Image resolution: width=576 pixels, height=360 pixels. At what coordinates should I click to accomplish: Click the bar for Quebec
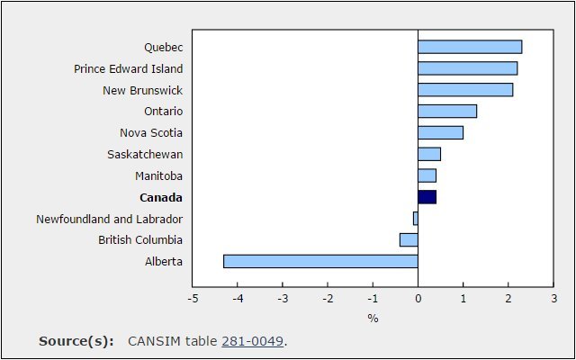point(470,47)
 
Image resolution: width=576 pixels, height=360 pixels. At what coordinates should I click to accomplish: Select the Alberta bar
point(320,261)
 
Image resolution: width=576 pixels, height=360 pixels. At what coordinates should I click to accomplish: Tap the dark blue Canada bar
point(427,197)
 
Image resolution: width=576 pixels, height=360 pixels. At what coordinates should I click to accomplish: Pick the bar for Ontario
point(447,112)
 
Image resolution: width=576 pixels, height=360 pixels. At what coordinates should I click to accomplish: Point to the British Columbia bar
point(409,240)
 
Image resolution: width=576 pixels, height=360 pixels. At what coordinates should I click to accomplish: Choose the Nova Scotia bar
point(440,132)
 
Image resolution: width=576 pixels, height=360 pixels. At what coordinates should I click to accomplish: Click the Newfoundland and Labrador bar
point(416,219)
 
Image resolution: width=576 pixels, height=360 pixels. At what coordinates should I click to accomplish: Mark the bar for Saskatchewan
point(429,154)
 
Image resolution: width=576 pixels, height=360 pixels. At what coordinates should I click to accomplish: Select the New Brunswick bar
point(465,90)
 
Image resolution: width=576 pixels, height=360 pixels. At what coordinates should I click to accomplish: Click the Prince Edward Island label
point(128,68)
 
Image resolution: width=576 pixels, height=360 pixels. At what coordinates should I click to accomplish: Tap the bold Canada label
point(161,198)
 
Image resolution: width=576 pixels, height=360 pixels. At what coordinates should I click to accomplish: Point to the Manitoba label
point(158,176)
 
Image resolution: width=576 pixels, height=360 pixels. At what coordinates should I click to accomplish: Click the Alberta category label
point(164,262)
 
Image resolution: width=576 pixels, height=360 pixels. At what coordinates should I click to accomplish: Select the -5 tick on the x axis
point(193,298)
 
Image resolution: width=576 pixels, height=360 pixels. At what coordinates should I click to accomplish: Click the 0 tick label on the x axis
point(418,298)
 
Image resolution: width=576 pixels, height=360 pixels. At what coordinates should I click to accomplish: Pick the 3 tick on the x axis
point(554,298)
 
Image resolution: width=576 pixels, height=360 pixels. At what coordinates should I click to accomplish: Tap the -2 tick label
point(328,298)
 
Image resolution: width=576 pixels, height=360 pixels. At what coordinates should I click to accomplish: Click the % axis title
point(373,319)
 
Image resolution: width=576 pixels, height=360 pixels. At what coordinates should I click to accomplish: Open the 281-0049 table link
point(252,341)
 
